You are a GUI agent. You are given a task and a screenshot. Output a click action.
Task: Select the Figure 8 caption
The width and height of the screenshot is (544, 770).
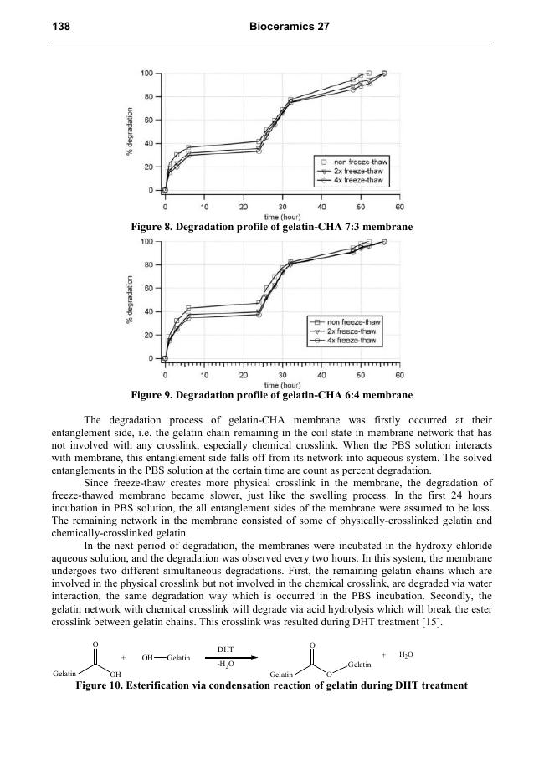272,227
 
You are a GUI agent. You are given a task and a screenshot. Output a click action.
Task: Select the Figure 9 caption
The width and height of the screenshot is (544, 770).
272,394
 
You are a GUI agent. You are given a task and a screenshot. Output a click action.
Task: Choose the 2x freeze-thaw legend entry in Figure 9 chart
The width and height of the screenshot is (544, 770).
352,331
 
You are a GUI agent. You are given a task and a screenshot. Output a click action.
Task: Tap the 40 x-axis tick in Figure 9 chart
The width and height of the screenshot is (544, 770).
321,375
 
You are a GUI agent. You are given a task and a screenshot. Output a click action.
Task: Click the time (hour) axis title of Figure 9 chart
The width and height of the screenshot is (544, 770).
282,384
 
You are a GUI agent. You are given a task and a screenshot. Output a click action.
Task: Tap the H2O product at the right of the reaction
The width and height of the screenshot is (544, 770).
406,654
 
